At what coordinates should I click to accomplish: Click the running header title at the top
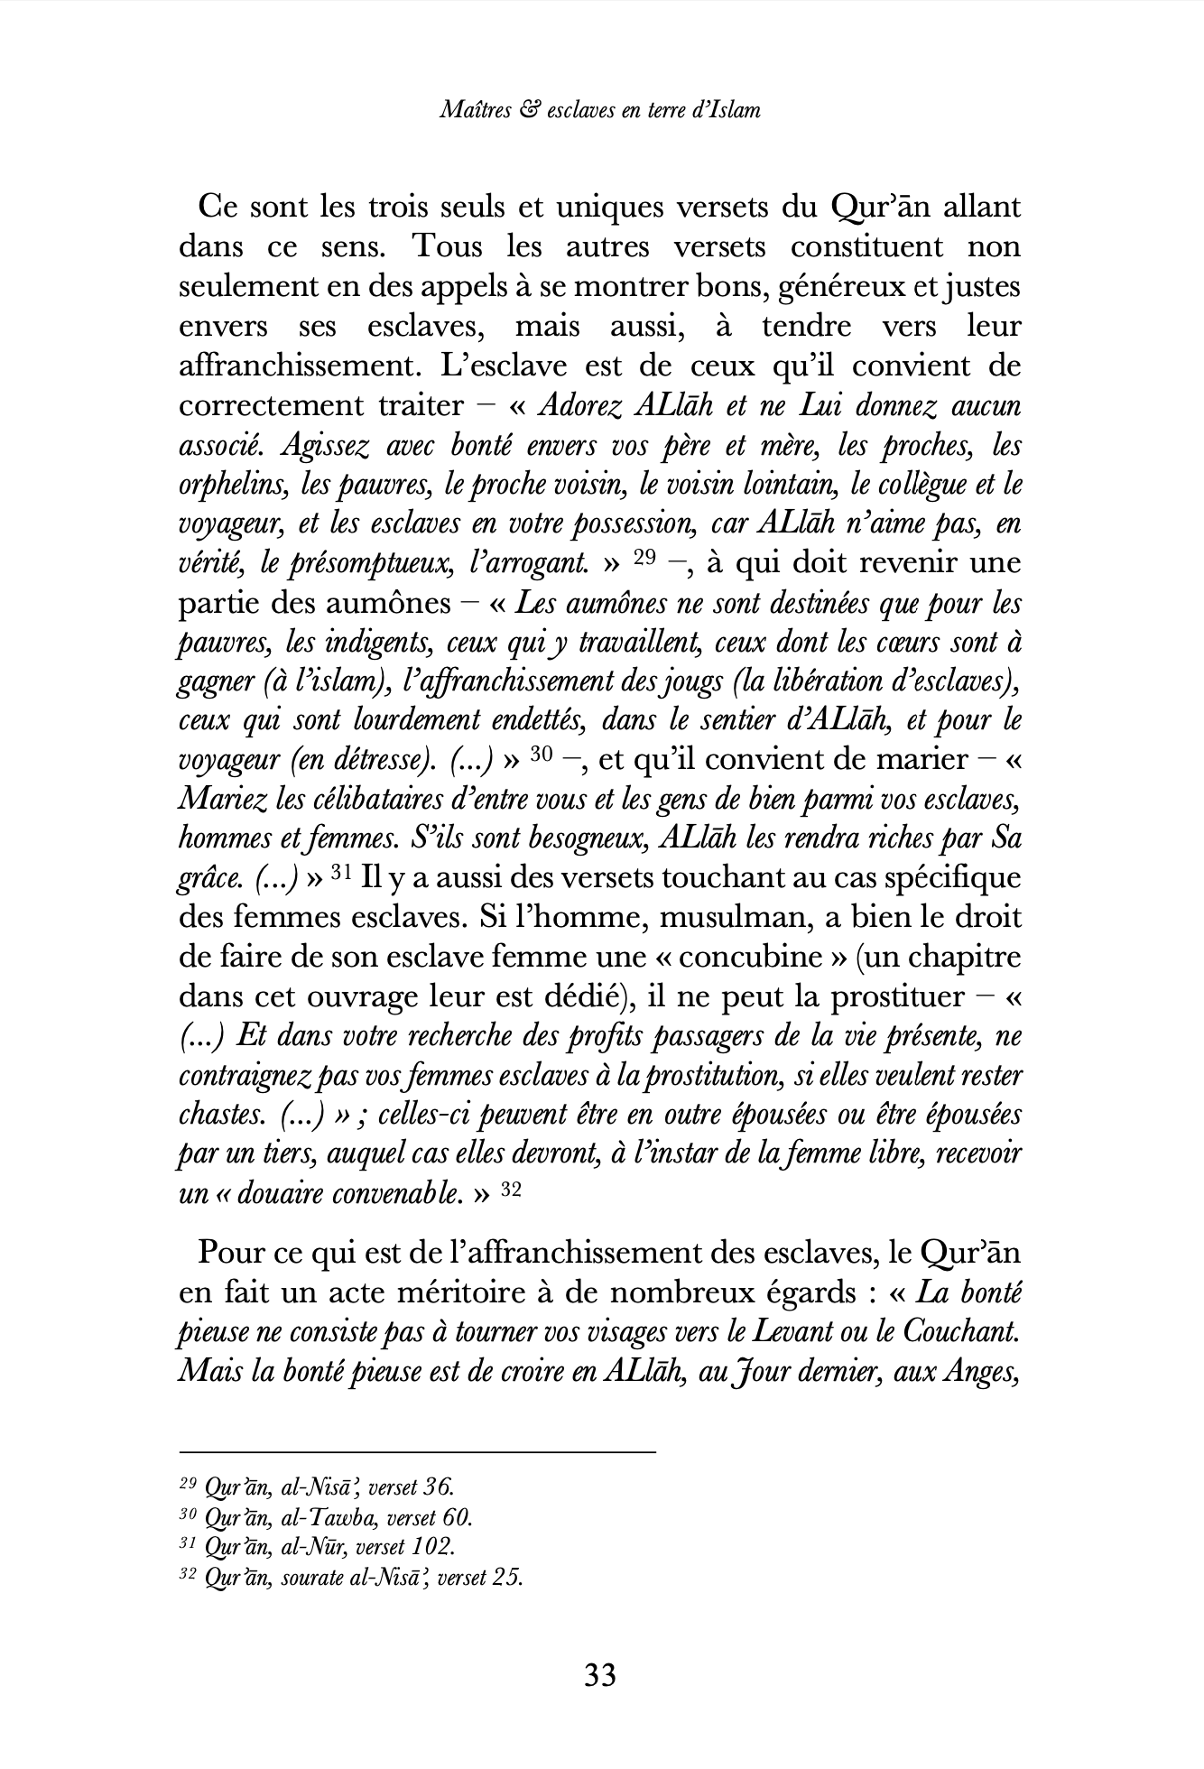[600, 110]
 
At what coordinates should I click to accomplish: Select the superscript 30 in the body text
[541, 755]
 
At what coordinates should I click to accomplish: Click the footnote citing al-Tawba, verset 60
[326, 1517]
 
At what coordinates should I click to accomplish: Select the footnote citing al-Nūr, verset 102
[317, 1547]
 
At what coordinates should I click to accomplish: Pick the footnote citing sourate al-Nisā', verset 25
[351, 1578]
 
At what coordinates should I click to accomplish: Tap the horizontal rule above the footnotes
[417, 1452]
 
